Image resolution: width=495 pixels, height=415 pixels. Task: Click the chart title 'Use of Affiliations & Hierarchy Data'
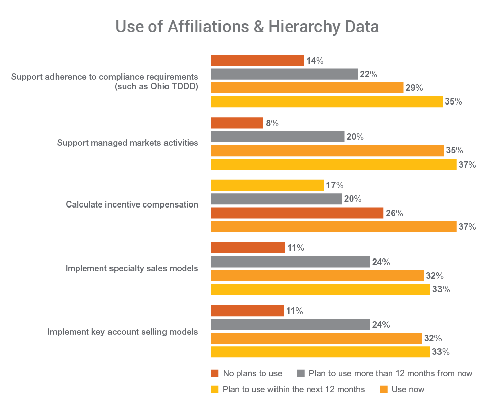pos(247,26)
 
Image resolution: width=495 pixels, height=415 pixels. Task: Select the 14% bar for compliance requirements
pos(257,61)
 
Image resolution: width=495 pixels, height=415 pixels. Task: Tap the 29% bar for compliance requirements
pos(307,88)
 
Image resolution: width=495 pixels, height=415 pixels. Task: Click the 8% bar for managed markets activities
pos(237,123)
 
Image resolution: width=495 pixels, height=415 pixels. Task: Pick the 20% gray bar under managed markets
pos(278,137)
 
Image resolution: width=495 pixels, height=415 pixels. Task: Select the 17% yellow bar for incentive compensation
pos(267,185)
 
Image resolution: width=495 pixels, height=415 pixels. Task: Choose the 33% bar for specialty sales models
pos(320,289)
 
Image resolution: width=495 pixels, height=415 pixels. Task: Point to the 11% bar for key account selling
pos(247,311)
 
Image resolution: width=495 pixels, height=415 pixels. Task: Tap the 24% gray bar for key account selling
pos(290,325)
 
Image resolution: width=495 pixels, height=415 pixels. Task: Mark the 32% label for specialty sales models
pos(434,276)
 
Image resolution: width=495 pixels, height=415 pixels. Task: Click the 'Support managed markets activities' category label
pos(127,143)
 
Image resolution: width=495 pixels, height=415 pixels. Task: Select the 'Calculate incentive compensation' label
pos(132,205)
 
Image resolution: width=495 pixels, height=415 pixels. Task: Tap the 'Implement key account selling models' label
pos(123,332)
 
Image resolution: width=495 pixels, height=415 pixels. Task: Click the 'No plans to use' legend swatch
pos(215,374)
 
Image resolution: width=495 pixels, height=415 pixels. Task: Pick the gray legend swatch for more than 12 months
pos(301,374)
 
